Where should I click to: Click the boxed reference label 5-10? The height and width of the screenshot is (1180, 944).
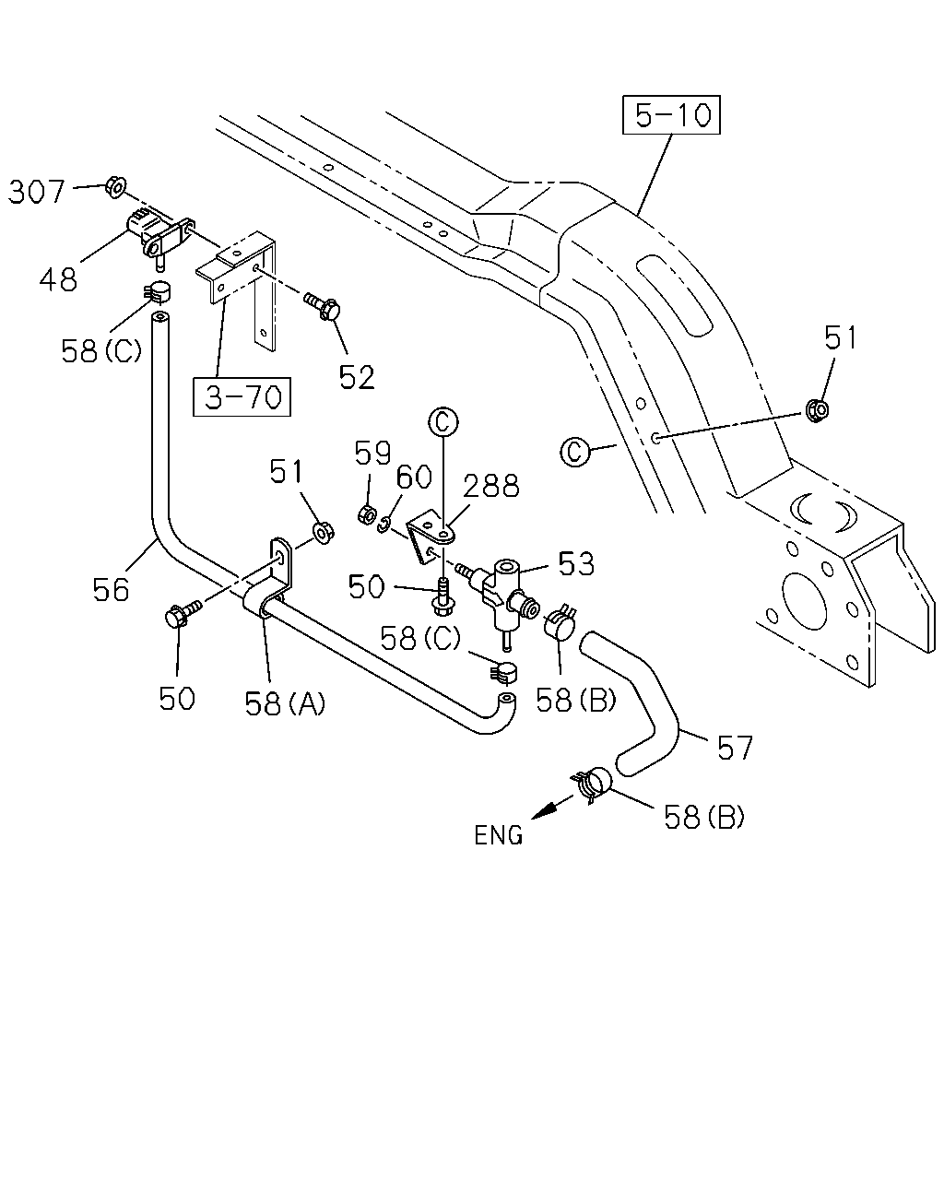(x=671, y=114)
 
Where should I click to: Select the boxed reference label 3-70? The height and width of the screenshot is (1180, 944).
(x=242, y=396)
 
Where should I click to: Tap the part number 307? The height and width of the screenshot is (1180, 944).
(x=36, y=192)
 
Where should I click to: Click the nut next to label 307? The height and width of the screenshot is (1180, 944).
(x=116, y=187)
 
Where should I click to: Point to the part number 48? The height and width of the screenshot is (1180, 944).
(x=58, y=279)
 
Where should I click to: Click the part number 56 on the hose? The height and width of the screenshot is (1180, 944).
(x=111, y=590)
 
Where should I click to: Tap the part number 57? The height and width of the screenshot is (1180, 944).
(x=735, y=748)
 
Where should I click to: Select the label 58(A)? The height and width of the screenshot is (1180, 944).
(x=285, y=703)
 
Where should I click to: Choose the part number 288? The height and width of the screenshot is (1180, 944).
(x=491, y=486)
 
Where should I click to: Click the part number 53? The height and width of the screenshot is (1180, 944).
(x=576, y=563)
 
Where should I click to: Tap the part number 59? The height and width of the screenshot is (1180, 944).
(x=372, y=453)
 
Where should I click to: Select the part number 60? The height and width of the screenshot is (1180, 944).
(x=414, y=477)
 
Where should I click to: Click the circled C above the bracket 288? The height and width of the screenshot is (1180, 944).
(x=443, y=422)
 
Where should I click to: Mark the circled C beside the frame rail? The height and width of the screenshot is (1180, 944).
(x=575, y=453)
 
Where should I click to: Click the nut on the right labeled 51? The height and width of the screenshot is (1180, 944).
(x=817, y=409)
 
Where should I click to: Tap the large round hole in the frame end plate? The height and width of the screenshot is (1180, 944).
(x=804, y=601)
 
